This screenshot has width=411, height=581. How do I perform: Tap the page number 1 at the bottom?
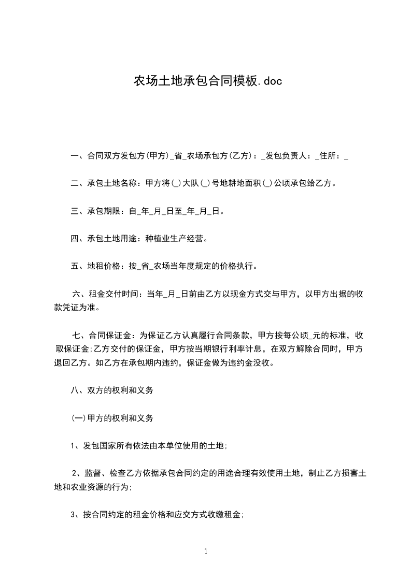206,551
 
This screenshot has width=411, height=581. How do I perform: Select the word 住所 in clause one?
329,155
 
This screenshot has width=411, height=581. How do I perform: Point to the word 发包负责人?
287,155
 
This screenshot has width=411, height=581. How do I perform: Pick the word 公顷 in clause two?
283,183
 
